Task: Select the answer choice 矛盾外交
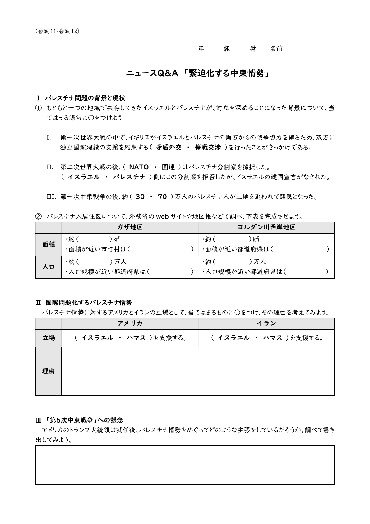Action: (169, 148)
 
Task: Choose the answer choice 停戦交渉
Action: (208, 148)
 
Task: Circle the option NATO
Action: (139, 167)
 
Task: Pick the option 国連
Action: (168, 167)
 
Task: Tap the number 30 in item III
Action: (140, 197)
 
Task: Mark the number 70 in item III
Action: (162, 197)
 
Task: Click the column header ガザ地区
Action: (130, 227)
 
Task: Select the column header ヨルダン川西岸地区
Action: (266, 227)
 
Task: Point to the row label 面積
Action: (49, 244)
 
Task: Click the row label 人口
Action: (49, 267)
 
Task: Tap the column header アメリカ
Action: (130, 323)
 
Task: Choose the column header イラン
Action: (266, 323)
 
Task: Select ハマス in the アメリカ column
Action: (136, 338)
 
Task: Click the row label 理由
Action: (49, 371)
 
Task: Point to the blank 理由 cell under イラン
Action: (266, 371)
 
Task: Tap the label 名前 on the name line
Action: (276, 49)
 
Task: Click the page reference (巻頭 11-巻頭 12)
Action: (58, 31)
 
